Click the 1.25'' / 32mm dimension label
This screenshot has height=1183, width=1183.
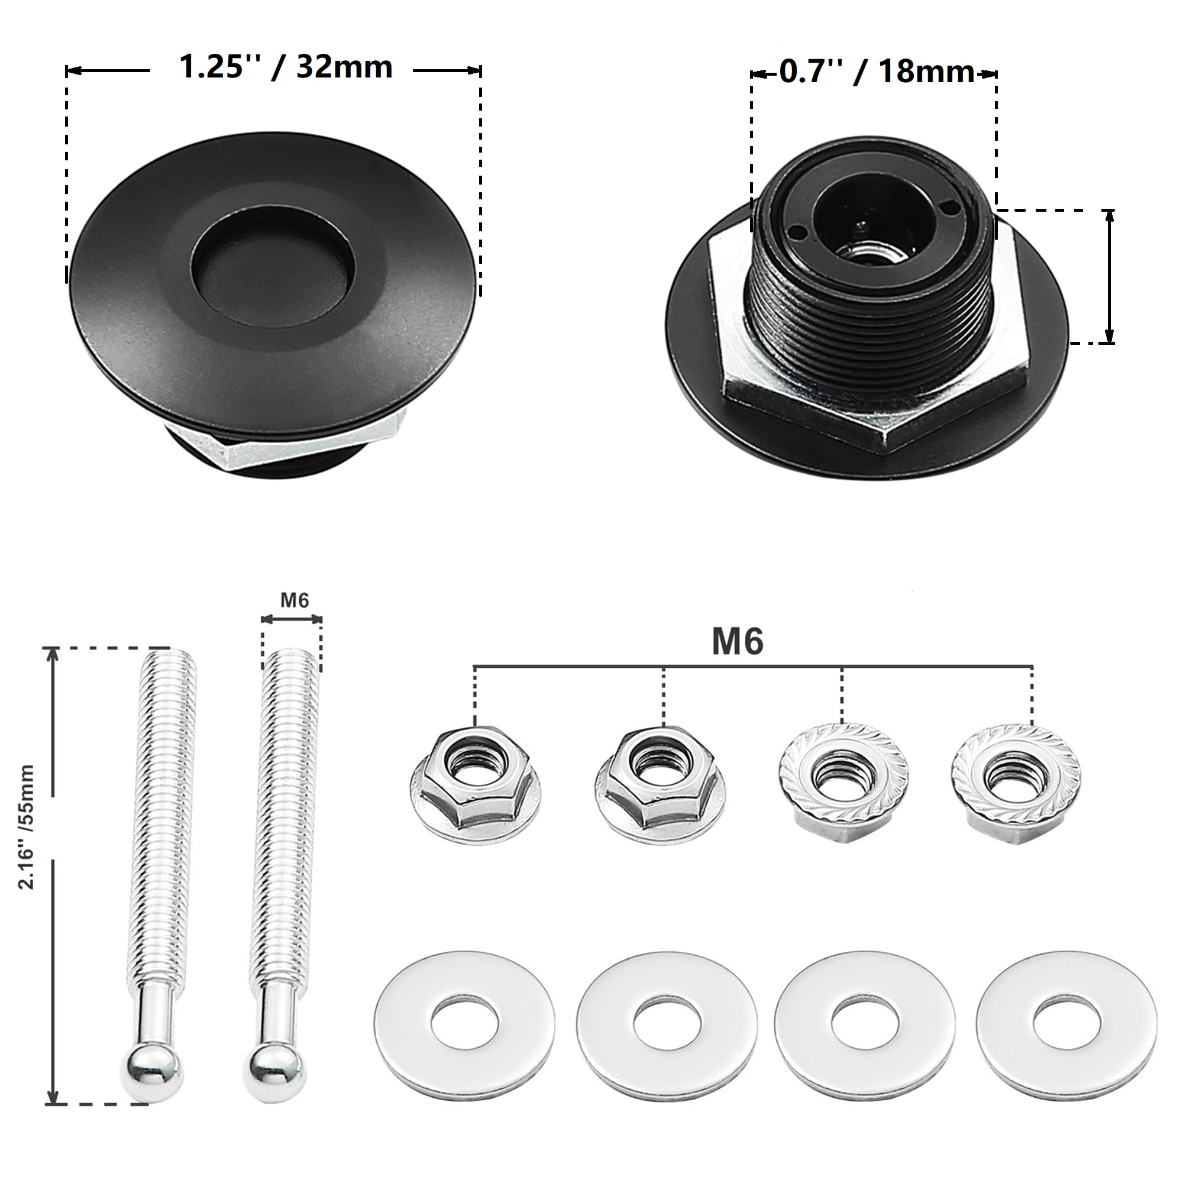pos(285,67)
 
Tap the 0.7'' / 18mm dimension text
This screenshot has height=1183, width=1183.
pos(876,72)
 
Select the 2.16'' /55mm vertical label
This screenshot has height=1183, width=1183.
pos(25,828)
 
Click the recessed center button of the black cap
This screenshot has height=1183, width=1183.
pos(273,268)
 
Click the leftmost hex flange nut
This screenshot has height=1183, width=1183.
pos(475,783)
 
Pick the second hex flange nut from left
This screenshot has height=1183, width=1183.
pos(660,783)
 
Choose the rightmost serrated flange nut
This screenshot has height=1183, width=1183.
pos(1016,783)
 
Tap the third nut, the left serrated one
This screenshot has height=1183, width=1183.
pos(843,783)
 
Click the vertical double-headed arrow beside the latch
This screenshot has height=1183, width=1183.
pos(1109,276)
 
